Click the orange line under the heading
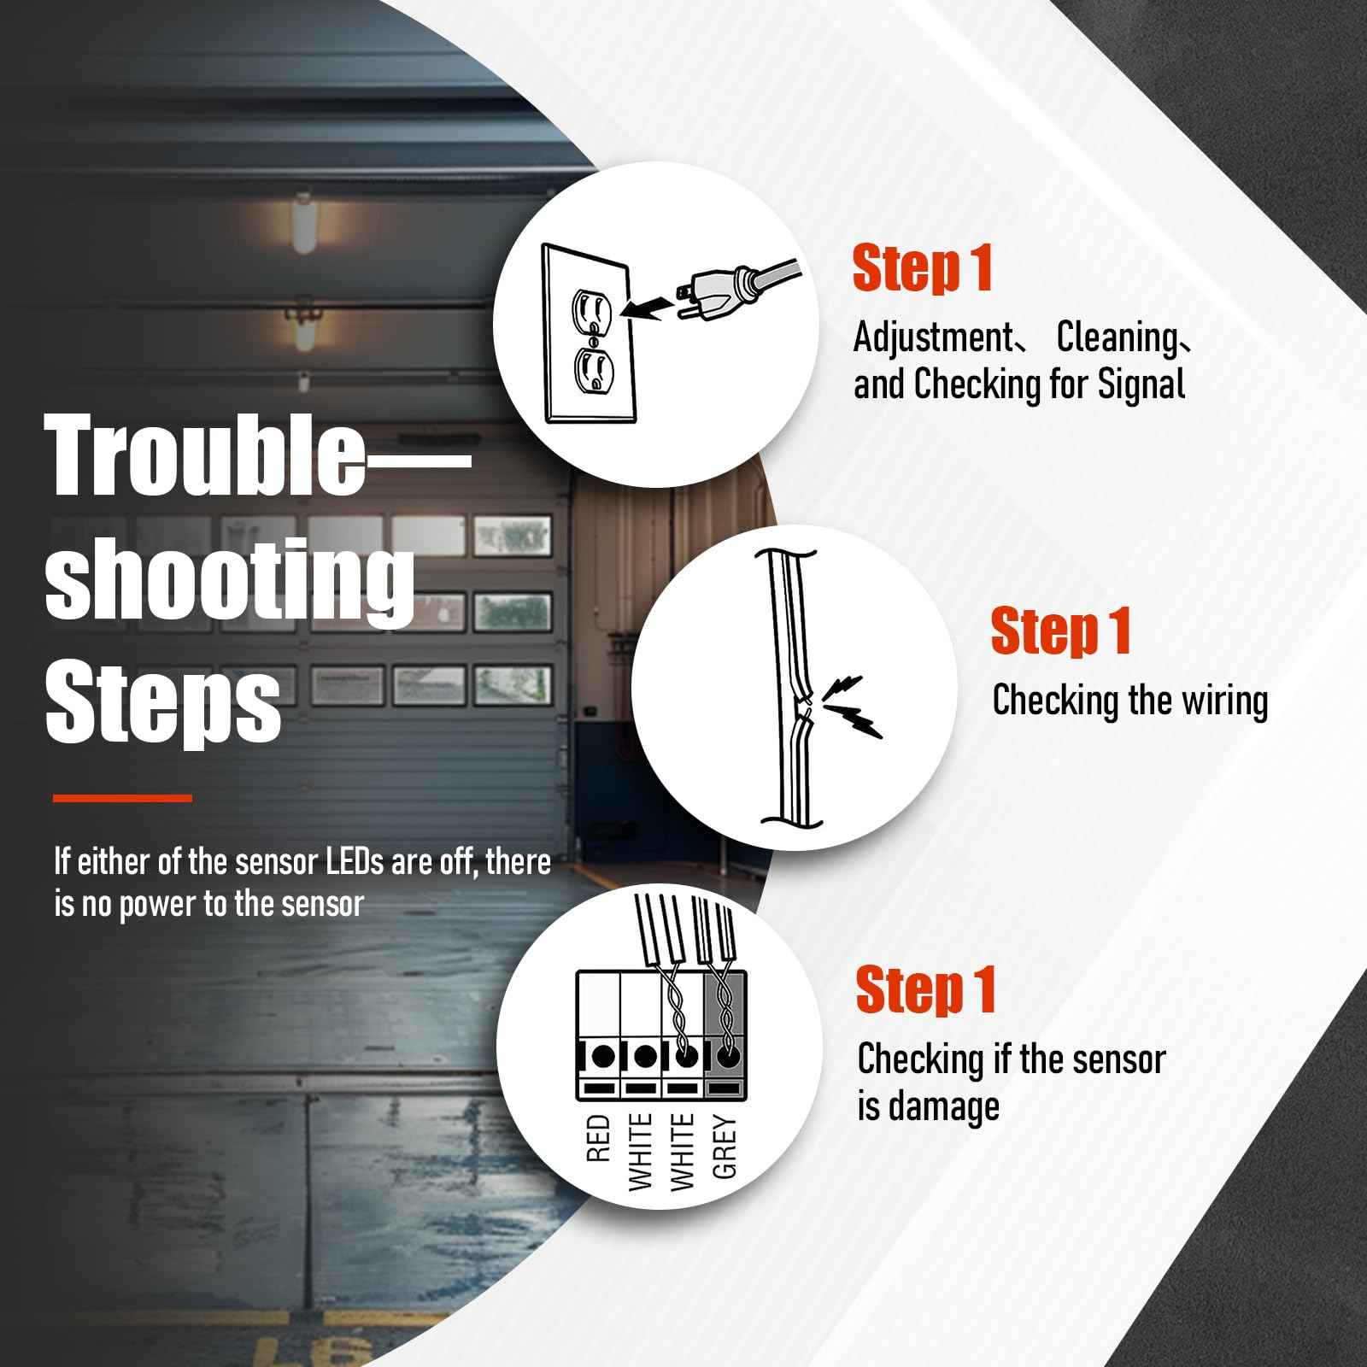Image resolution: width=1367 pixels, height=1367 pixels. click(x=122, y=798)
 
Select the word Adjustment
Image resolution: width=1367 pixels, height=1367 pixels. click(x=931, y=337)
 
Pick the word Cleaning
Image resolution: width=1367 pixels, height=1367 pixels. click(x=1117, y=337)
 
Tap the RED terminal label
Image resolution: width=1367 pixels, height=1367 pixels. click(x=599, y=1137)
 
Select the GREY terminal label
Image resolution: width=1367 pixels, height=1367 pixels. click(x=725, y=1147)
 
